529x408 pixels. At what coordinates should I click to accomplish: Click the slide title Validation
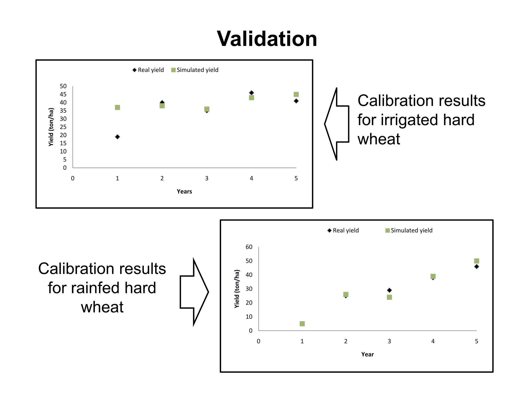pyautogui.click(x=267, y=39)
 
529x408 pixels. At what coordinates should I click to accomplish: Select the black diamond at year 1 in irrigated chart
pyautogui.click(x=117, y=137)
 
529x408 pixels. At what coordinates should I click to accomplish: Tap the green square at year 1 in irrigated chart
pyautogui.click(x=117, y=107)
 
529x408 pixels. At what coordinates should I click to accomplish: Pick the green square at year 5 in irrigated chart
pyautogui.click(x=296, y=94)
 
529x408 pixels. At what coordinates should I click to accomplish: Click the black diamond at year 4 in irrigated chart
pyautogui.click(x=251, y=93)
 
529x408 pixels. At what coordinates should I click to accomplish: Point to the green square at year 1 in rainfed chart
pyautogui.click(x=302, y=323)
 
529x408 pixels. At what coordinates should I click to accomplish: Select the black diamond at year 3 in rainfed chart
pyautogui.click(x=389, y=290)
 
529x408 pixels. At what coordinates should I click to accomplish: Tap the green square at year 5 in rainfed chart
pyautogui.click(x=477, y=261)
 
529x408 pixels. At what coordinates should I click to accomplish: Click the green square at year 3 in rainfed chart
pyautogui.click(x=389, y=297)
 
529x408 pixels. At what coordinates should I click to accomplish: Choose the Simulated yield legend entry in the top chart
pyautogui.click(x=195, y=70)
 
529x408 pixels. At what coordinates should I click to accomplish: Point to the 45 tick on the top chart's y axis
pyautogui.click(x=63, y=94)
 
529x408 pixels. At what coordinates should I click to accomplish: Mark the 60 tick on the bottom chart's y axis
pyautogui.click(x=249, y=247)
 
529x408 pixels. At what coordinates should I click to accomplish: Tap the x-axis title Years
pyautogui.click(x=184, y=191)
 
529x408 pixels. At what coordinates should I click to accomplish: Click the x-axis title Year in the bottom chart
pyautogui.click(x=367, y=354)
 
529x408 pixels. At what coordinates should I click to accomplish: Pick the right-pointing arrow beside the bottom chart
pyautogui.click(x=194, y=292)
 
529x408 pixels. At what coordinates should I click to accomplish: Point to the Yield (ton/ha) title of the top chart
pyautogui.click(x=51, y=127)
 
